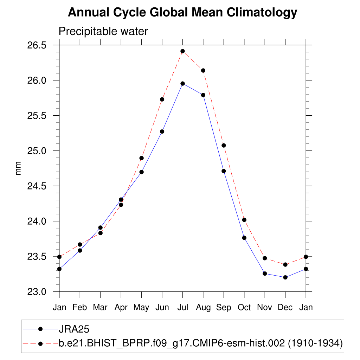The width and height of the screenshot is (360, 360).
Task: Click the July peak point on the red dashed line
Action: [x=182, y=51]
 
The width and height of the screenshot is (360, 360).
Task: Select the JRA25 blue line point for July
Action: [x=182, y=83]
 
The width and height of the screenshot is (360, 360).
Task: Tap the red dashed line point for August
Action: [x=203, y=70]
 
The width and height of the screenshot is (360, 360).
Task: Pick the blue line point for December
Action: [x=285, y=277]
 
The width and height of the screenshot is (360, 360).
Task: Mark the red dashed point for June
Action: [x=162, y=99]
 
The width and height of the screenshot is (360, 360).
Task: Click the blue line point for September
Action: [x=224, y=171]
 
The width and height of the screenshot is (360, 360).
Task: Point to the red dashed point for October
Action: [x=244, y=220]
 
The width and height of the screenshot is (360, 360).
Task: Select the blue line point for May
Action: [x=141, y=172]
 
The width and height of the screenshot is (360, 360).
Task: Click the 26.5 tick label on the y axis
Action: [x=37, y=45]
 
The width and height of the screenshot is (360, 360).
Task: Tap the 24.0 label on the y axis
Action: [x=37, y=221]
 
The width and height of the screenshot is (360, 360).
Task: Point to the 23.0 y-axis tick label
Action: [x=37, y=292]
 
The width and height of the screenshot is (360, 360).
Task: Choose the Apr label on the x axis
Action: [x=121, y=308]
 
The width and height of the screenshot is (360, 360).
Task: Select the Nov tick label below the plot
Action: [x=265, y=308]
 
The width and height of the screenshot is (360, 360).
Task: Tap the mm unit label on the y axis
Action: [x=18, y=168]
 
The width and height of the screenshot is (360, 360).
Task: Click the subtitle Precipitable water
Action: [x=103, y=32]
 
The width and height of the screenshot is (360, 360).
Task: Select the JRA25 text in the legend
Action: [x=74, y=329]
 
